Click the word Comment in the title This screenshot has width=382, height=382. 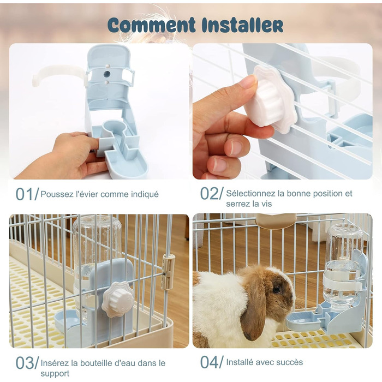[151, 25]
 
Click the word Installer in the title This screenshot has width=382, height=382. [242, 25]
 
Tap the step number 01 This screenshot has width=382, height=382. [25, 194]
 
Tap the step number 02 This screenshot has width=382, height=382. [209, 193]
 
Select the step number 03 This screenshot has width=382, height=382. [25, 363]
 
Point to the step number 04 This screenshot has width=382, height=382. [209, 362]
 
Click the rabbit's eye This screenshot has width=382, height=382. [276, 289]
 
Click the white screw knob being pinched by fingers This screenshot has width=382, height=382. [274, 100]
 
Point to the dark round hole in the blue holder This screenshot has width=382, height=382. [107, 74]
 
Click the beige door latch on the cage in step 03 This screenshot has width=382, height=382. [168, 271]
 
